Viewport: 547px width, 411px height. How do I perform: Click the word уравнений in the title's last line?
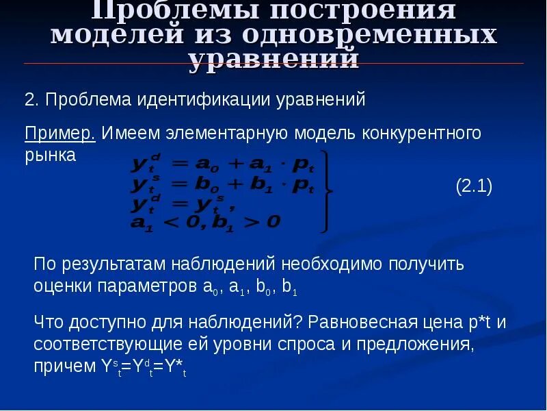(273, 60)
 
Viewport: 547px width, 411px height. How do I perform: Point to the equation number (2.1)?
(474, 187)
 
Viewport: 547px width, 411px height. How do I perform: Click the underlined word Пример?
(60, 133)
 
